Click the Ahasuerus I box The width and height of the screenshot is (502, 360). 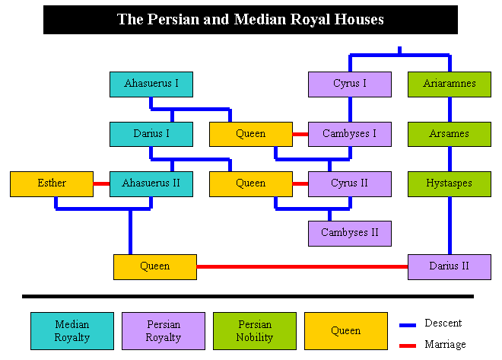coord(151,84)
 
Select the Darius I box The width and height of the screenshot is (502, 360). coord(151,134)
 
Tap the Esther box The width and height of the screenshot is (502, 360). coord(52,184)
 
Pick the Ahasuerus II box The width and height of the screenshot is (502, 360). coord(151,184)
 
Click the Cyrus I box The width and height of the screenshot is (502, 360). coord(350,84)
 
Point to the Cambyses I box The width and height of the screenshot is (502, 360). coord(350,134)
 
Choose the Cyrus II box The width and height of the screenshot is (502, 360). coord(350,184)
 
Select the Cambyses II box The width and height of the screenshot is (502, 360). coord(350,234)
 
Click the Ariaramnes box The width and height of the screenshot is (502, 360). coord(450,84)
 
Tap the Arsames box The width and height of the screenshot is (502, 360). coord(450,134)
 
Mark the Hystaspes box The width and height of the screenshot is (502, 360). coord(450,184)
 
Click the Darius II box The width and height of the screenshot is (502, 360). coord(450,267)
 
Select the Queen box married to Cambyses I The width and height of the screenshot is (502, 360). coord(251,134)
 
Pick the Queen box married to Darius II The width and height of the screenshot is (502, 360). coord(155,267)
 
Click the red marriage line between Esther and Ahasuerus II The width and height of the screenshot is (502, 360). coord(101,184)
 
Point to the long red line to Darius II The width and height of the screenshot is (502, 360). coord(302,266)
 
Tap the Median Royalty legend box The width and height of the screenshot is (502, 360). coord(72,331)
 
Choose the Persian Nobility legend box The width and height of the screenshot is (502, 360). coord(255,331)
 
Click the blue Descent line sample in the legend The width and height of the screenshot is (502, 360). coord(408,325)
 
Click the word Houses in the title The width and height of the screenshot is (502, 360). coord(359,19)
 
